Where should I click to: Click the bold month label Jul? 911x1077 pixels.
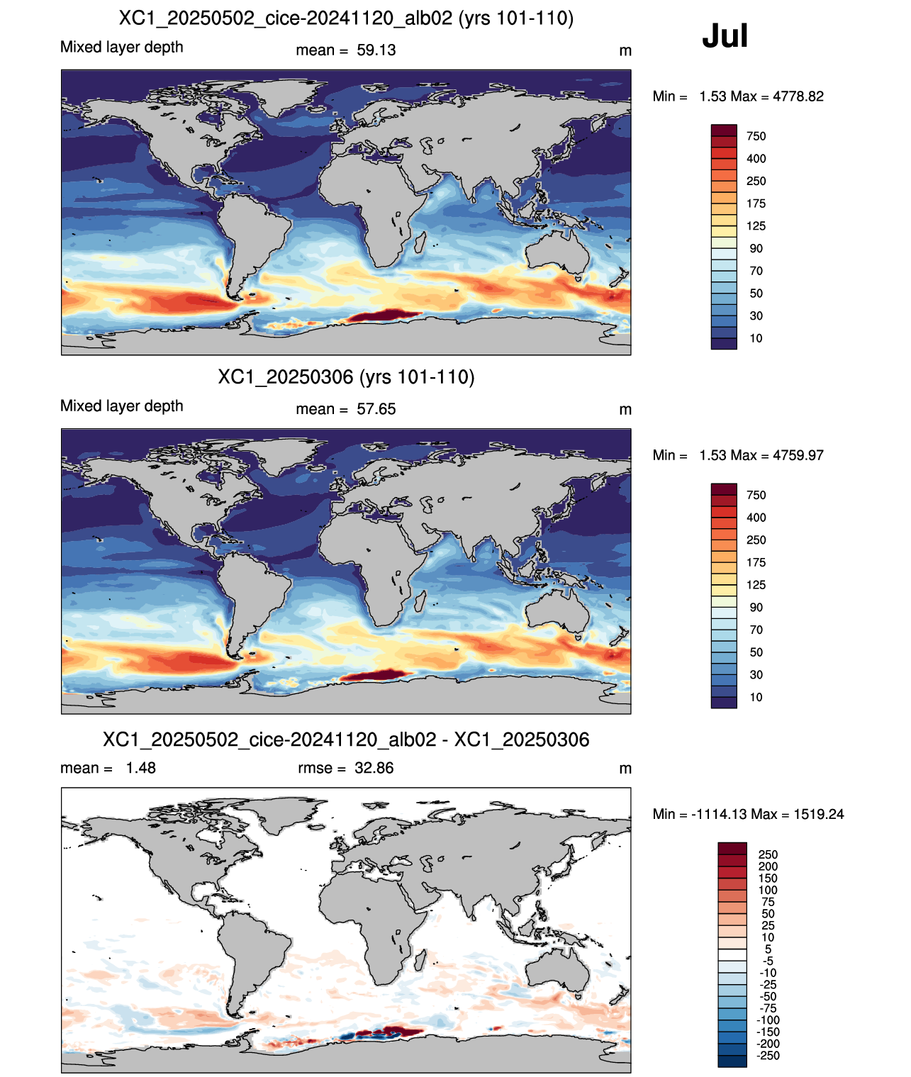pyautogui.click(x=724, y=36)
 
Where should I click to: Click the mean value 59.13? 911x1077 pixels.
pyautogui.click(x=376, y=50)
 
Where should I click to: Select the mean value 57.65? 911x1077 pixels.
pyautogui.click(x=376, y=409)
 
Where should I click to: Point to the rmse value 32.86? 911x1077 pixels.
pyautogui.click(x=374, y=768)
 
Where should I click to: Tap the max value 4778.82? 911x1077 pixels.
pyautogui.click(x=798, y=96)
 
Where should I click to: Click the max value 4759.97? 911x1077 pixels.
pyautogui.click(x=798, y=455)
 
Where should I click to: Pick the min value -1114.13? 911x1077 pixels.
pyautogui.click(x=719, y=815)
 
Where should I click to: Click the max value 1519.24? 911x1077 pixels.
pyautogui.click(x=818, y=815)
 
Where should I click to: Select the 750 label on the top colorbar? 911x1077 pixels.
pyautogui.click(x=756, y=137)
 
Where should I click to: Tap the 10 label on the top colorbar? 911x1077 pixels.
pyautogui.click(x=756, y=338)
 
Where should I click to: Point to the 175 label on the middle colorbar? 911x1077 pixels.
pyautogui.click(x=756, y=563)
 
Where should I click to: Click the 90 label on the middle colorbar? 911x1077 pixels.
pyautogui.click(x=756, y=608)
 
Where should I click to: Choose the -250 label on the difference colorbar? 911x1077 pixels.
pyautogui.click(x=769, y=1056)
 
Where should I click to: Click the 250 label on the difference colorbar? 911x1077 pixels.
pyautogui.click(x=768, y=855)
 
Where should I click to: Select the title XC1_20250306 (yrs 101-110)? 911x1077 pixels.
pyautogui.click(x=346, y=377)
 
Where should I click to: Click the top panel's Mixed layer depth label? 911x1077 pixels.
pyautogui.click(x=122, y=47)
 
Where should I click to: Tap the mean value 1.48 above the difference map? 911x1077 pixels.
pyautogui.click(x=140, y=768)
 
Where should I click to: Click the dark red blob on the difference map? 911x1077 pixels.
pyautogui.click(x=398, y=1030)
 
